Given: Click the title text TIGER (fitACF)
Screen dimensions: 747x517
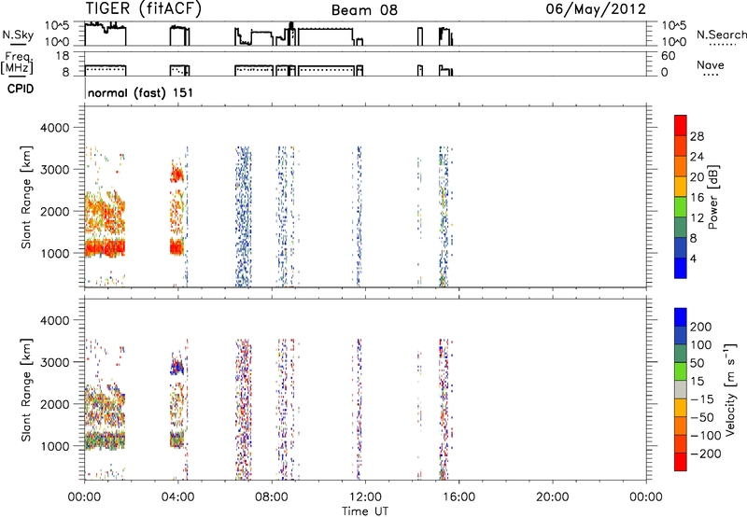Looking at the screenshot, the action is coord(144,8).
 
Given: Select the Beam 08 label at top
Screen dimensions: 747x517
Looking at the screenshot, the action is coord(364,10).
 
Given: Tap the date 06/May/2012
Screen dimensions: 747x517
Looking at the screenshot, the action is coord(596,9).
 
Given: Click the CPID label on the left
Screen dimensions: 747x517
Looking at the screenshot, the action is coord(21,89).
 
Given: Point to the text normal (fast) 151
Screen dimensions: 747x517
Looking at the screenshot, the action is coord(141,92).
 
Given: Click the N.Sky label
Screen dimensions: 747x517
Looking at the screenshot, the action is coord(18,35).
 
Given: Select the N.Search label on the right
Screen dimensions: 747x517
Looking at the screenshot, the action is coord(721,35).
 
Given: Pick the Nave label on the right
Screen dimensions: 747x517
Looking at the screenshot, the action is coord(711,65).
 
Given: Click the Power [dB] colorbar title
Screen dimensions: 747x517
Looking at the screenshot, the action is coord(712,197).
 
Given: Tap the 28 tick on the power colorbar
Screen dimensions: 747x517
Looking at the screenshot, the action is coord(697,136).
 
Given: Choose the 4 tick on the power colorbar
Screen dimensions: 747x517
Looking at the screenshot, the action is coord(693,258).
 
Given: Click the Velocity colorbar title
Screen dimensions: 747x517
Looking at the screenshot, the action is coord(730,390).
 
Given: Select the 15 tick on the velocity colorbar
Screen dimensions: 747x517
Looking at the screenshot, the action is coord(697,381).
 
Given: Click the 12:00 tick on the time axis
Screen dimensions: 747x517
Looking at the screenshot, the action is coord(365,497).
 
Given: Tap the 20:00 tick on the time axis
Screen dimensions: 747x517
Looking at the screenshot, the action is coord(553,497).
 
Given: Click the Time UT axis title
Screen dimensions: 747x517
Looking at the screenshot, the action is coord(365,511).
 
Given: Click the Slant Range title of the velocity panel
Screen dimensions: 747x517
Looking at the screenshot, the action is coord(26,390).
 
